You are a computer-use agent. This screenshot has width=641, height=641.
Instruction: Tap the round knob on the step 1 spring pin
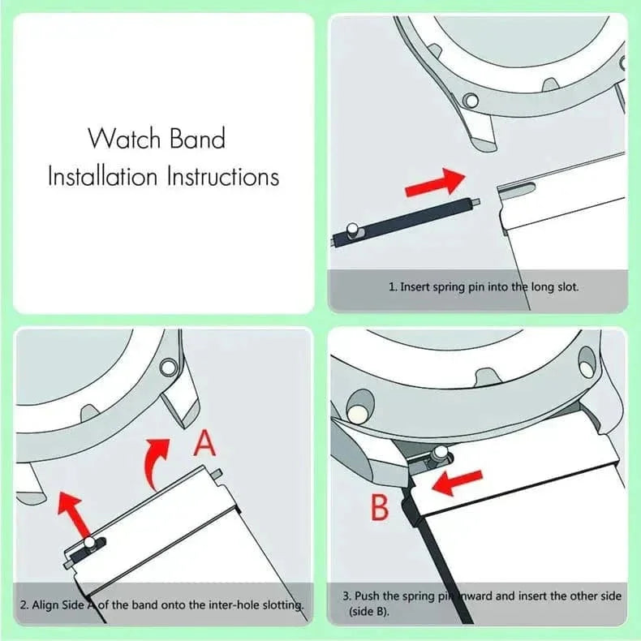tap(352, 231)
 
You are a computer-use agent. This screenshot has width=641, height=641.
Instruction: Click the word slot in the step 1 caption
tap(566, 286)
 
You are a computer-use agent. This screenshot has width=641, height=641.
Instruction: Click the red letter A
tap(205, 445)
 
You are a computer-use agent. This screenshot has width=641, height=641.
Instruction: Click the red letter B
tap(381, 509)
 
